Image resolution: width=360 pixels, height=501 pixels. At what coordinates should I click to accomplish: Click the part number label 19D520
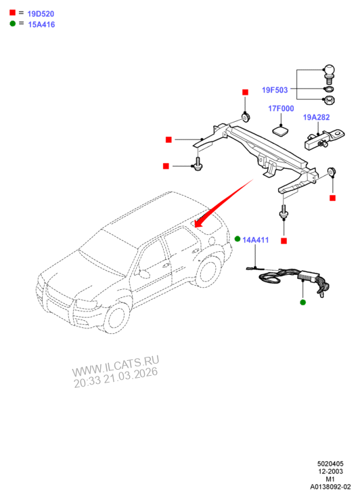tap(41, 14)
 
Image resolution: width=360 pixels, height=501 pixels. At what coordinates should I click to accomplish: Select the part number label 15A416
tap(41, 24)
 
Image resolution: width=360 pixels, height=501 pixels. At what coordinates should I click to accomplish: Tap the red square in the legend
tap(12, 12)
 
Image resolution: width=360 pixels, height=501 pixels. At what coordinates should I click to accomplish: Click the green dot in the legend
tap(12, 23)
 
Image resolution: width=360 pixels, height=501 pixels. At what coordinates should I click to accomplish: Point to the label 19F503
tap(275, 90)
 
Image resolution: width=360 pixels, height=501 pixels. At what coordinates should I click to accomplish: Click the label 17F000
tap(281, 108)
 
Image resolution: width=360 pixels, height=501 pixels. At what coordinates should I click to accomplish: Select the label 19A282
tap(316, 117)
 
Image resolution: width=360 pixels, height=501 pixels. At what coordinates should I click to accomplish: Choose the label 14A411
tap(256, 240)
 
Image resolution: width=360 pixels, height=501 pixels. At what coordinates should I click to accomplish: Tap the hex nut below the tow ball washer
tap(329, 100)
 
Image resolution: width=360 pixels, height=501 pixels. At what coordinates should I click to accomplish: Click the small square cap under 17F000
tap(280, 131)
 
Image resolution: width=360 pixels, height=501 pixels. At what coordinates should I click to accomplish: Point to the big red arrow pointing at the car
tap(223, 204)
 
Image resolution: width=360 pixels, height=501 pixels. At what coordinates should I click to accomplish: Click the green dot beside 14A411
tap(238, 239)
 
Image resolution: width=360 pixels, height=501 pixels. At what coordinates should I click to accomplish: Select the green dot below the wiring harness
tap(303, 302)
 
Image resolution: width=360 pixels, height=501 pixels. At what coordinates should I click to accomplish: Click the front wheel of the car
tap(115, 318)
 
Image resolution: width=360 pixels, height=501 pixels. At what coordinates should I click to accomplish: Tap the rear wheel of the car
tap(208, 270)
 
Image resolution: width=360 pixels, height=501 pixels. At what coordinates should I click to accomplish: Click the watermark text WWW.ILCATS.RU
tap(115, 366)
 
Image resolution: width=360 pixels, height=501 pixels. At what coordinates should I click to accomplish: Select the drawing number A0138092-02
tap(330, 487)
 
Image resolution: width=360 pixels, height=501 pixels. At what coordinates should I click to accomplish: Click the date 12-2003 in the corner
tap(330, 471)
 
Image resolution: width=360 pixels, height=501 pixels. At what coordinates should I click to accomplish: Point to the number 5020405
tap(330, 464)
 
